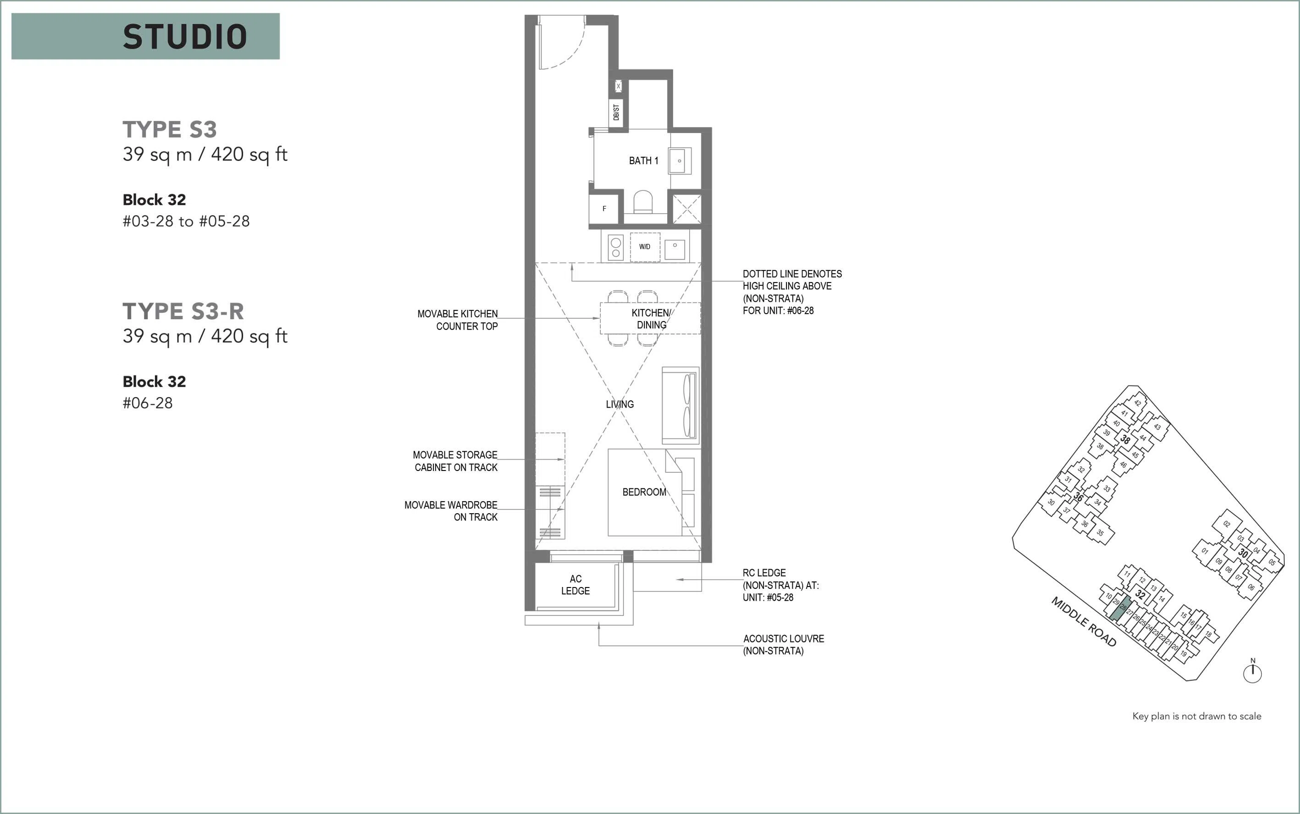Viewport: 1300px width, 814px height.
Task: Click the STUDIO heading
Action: click(x=185, y=37)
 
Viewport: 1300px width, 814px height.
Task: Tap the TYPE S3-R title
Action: click(x=183, y=311)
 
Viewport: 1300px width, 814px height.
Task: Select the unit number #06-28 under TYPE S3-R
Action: click(x=148, y=403)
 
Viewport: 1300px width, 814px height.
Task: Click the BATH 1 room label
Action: click(x=643, y=161)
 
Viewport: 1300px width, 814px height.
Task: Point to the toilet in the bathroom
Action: click(x=643, y=202)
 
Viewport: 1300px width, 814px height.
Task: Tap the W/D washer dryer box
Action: click(x=645, y=247)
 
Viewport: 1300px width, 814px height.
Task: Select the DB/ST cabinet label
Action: click(x=616, y=112)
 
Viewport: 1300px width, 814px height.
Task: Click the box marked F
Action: click(x=604, y=209)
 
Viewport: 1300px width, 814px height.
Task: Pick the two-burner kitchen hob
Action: click(x=615, y=248)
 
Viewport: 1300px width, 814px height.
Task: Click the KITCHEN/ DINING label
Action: click(x=651, y=319)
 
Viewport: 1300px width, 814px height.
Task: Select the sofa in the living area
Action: click(x=681, y=405)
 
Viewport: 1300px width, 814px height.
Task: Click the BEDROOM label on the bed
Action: click(x=644, y=492)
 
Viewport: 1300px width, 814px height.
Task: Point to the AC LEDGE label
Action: click(x=575, y=585)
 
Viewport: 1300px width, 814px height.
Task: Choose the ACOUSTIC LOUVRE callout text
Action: click(x=783, y=644)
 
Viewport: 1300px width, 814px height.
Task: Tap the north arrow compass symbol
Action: click(x=1253, y=671)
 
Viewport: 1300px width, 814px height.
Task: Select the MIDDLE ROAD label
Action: click(x=1084, y=622)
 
